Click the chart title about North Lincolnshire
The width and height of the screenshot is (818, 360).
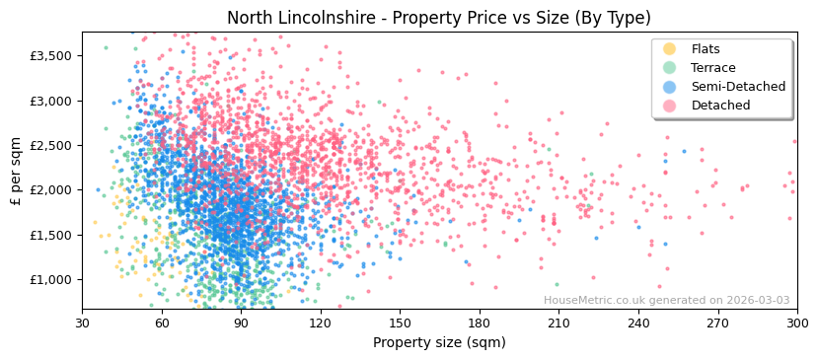439,18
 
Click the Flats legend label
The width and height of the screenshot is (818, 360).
706,49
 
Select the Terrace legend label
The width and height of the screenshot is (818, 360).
712,68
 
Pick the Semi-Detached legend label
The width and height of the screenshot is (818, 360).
738,87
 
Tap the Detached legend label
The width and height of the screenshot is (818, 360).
719,106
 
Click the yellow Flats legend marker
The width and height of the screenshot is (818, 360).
670,49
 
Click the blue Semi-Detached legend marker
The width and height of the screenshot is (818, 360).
670,87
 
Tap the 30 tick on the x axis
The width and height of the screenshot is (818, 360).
83,323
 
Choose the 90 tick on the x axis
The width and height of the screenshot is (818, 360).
241,323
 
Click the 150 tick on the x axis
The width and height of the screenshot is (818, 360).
400,323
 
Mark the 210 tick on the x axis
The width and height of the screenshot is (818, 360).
558,323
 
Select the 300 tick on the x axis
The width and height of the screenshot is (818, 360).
796,323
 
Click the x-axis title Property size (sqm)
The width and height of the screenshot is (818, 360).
439,342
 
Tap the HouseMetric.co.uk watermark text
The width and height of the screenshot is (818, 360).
666,301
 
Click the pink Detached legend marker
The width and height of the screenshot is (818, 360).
670,106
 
